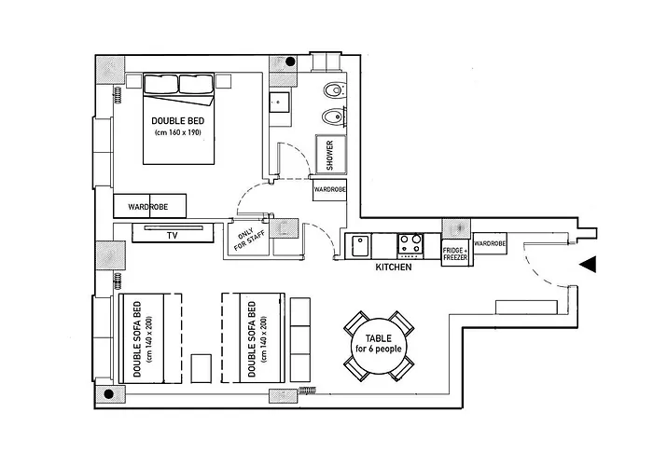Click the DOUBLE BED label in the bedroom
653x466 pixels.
[x=178, y=121]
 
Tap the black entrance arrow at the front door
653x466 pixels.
[x=588, y=264]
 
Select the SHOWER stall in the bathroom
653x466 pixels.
[x=331, y=155]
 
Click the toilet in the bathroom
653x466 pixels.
[x=334, y=89]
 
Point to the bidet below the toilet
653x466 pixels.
[x=334, y=116]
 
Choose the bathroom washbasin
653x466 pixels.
[x=279, y=103]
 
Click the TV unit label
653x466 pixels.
[x=173, y=236]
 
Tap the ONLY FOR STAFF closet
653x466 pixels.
[x=249, y=240]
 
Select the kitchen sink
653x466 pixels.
[x=360, y=246]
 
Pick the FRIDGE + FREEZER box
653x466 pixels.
[x=455, y=253]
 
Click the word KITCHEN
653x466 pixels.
[x=394, y=267]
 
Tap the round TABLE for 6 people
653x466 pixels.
[x=379, y=346]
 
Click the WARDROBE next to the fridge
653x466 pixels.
[x=490, y=243]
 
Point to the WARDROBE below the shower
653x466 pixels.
[x=330, y=190]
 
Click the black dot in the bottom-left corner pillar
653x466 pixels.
[x=109, y=394]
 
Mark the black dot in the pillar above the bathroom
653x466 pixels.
[x=290, y=62]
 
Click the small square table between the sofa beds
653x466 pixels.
[x=201, y=368]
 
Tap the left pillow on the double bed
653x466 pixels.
[x=160, y=84]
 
